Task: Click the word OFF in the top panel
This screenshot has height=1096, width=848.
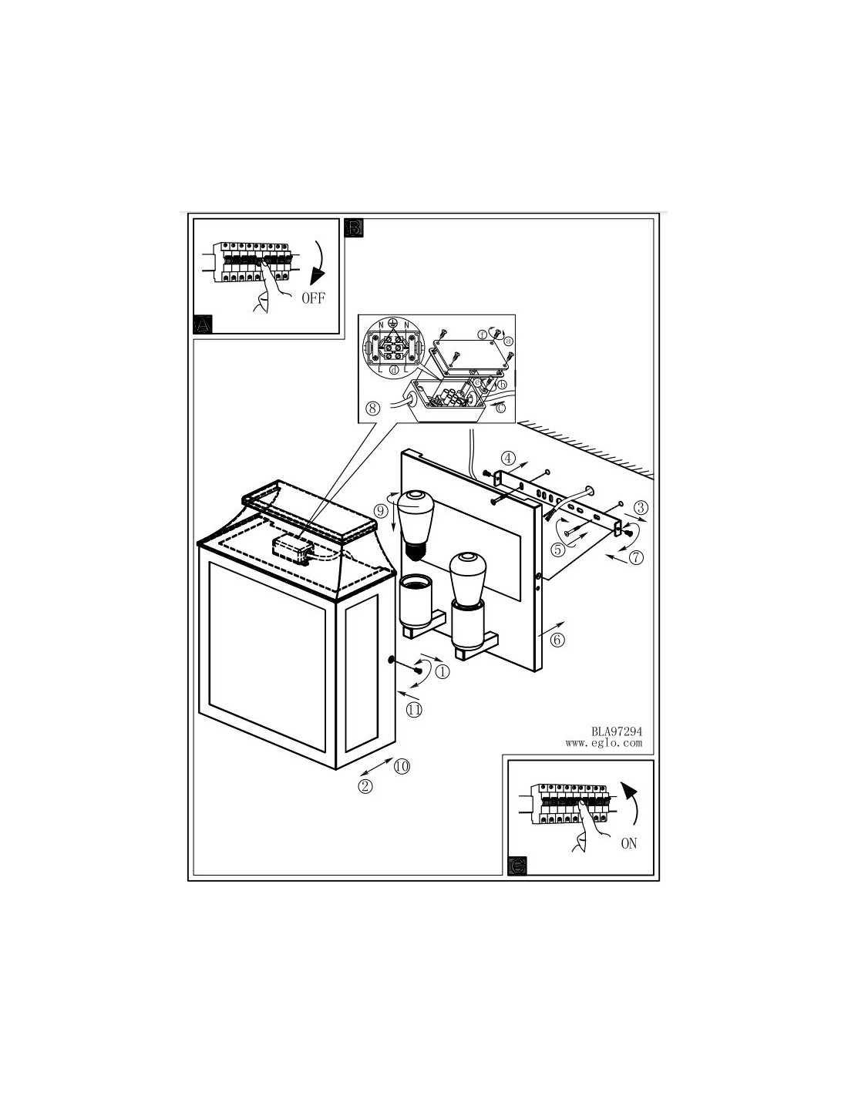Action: (313, 298)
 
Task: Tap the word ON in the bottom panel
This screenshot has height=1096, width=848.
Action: (628, 843)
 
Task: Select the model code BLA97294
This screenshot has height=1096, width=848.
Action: (617, 731)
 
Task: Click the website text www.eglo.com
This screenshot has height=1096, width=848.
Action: (604, 744)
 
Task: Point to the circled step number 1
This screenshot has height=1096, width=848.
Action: (443, 671)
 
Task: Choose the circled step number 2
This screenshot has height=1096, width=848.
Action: (365, 786)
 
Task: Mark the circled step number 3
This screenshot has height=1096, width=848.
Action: (641, 507)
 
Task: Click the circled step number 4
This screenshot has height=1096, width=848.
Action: (508, 456)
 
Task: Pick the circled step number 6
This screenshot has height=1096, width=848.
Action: (558, 639)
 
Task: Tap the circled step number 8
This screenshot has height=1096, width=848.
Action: (373, 408)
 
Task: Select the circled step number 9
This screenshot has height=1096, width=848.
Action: (379, 510)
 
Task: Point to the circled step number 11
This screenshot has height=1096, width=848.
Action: (414, 710)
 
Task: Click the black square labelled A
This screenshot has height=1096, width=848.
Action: (202, 324)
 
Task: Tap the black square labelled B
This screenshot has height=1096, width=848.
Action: (354, 227)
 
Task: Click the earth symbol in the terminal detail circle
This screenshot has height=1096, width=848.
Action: (392, 324)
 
